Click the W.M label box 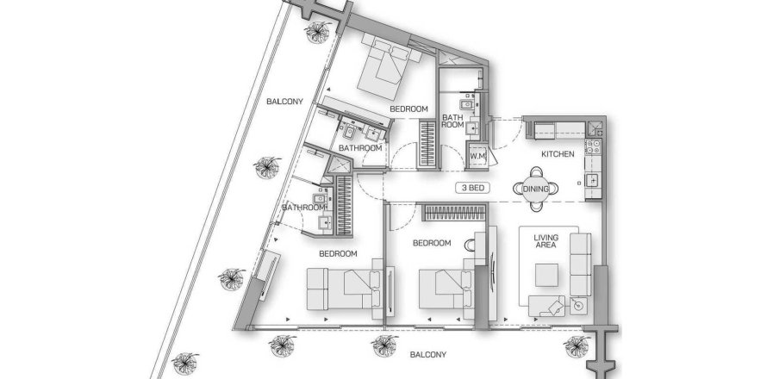pyautogui.click(x=478, y=155)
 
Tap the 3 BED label pyautogui.click(x=476, y=187)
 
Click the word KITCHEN pyautogui.click(x=558, y=154)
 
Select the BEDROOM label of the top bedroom pyautogui.click(x=408, y=109)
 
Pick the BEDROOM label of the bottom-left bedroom pyautogui.click(x=339, y=253)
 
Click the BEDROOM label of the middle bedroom pyautogui.click(x=431, y=244)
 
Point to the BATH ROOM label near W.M pyautogui.click(x=453, y=121)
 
